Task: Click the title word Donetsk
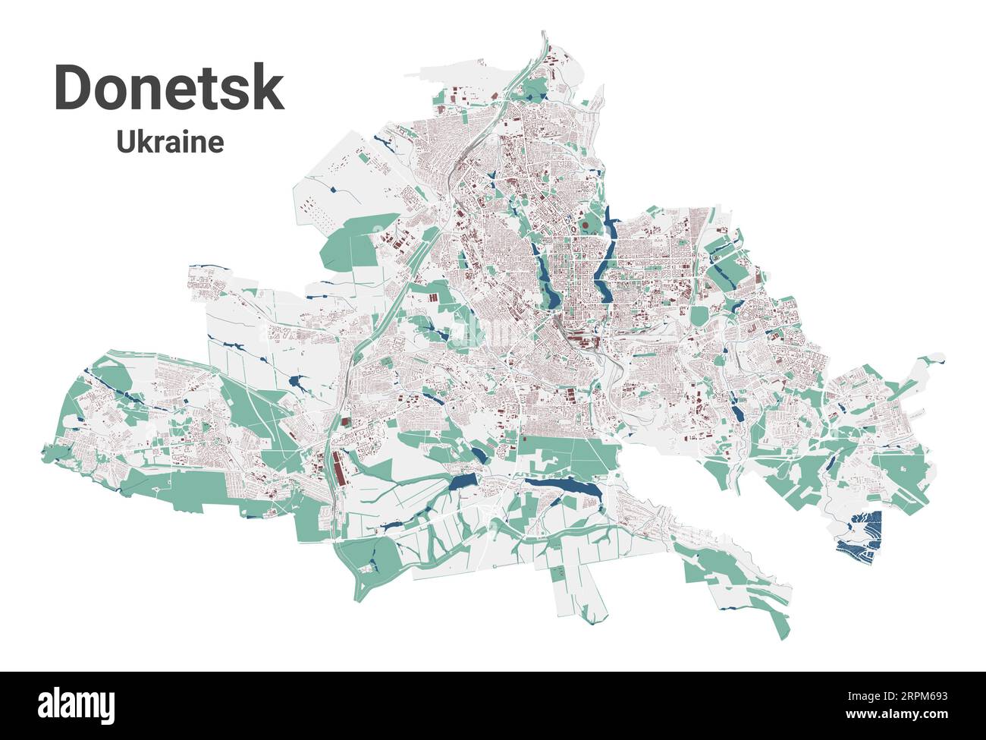(169, 90)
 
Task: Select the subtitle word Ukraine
(170, 142)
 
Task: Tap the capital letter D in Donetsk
(74, 90)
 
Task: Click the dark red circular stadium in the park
(585, 224)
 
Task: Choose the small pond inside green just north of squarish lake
(479, 454)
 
